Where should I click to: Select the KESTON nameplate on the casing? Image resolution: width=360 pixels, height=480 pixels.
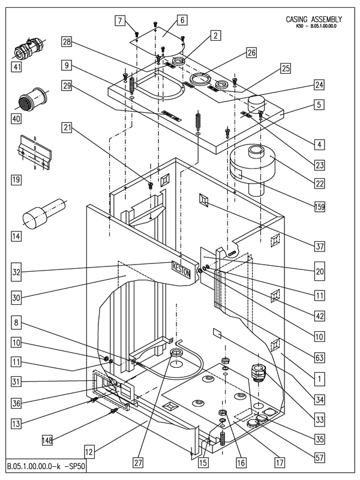(x=181, y=268)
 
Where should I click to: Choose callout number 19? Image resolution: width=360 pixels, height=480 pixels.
(x=17, y=178)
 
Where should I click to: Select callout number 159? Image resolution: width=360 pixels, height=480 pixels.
(x=319, y=206)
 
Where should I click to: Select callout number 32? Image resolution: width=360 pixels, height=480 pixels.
(x=17, y=271)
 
